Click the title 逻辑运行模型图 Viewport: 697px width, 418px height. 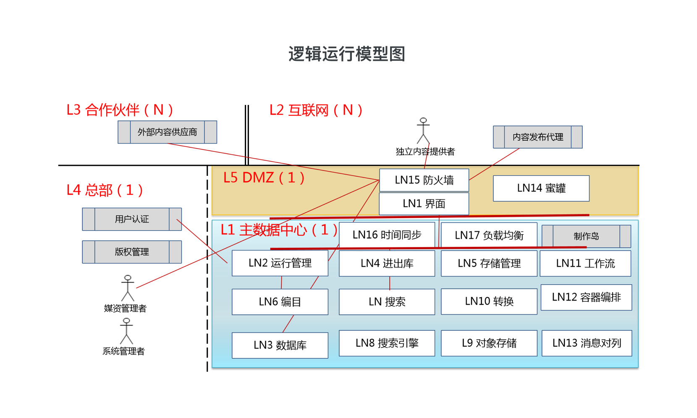346,54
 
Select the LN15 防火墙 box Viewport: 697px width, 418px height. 424,180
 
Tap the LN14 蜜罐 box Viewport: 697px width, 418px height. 541,188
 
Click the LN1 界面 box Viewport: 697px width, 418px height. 424,204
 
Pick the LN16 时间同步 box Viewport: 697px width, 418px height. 387,235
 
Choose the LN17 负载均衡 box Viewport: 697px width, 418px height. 489,235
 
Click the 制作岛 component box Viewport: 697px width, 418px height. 586,236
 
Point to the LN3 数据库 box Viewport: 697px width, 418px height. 280,345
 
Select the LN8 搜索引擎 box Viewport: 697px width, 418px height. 387,343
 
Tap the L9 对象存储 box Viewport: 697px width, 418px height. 489,343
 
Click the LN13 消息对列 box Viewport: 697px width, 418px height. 587,343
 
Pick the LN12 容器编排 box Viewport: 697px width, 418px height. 586,298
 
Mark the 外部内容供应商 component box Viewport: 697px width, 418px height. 167,132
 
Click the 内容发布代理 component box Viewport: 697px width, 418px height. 537,137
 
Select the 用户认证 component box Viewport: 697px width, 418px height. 132,219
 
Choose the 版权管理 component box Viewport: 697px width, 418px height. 132,252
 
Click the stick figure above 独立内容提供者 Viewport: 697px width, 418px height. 423,131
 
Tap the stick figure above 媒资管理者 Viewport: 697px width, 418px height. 128,288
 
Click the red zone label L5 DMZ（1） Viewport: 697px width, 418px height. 264,178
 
